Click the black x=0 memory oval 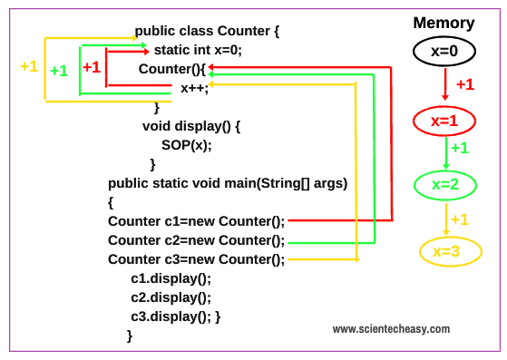coord(444,53)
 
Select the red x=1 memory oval coord(444,121)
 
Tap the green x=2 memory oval coord(444,185)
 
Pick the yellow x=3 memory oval coord(450,251)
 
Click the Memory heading coord(444,24)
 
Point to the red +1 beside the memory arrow coord(465,85)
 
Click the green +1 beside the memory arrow coord(460,149)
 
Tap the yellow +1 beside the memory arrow coord(460,219)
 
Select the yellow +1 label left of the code coord(29,66)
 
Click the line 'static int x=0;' coord(198,50)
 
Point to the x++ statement coord(194,88)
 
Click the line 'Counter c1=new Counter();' coord(196,221)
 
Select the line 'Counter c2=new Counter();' coord(196,240)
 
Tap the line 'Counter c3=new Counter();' coord(196,259)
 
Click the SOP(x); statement coord(186,145)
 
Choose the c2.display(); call coord(171,297)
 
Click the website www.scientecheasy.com coord(391,329)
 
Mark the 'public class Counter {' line coord(207,31)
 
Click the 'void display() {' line coord(190,126)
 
